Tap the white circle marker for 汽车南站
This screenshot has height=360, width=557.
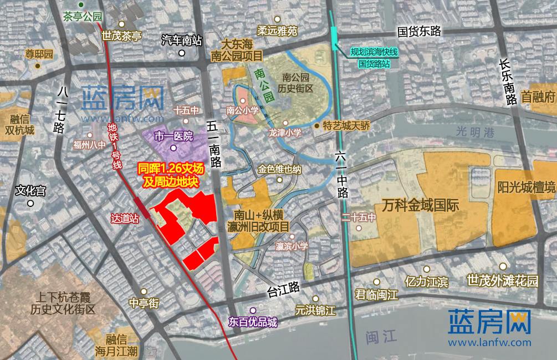[182, 53]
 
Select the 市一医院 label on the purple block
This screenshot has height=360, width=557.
[173, 136]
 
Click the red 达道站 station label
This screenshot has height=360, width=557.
[124, 219]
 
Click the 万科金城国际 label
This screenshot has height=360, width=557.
[420, 205]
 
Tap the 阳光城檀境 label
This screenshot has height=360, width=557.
[527, 187]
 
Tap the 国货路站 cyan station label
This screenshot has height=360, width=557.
[374, 64]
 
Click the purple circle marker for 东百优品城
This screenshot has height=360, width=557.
[253, 311]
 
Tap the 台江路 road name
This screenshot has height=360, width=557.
[283, 287]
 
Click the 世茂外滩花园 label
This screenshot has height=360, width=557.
[503, 281]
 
